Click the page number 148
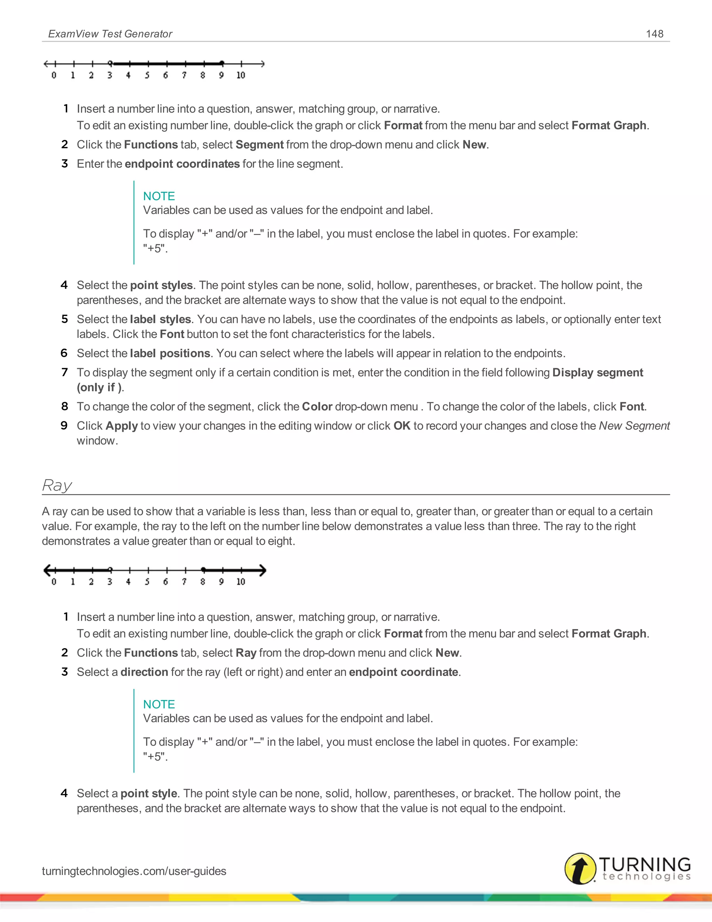[x=654, y=34]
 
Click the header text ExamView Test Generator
[x=110, y=34]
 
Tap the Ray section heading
[x=57, y=485]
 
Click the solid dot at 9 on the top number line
[x=222, y=63]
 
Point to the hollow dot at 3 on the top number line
[x=110, y=63]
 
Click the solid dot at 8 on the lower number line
[x=203, y=570]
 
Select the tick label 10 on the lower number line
[x=241, y=582]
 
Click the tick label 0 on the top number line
[x=54, y=75]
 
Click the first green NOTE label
[x=159, y=196]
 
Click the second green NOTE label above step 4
[x=159, y=704]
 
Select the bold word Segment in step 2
[x=259, y=145]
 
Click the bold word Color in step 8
[x=317, y=406]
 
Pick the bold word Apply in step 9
[x=121, y=426]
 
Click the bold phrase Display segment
[x=597, y=372]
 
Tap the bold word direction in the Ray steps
[x=144, y=672]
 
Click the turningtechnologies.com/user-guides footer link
[x=134, y=871]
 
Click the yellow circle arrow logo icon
[x=580, y=868]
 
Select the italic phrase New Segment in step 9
[x=634, y=426]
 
